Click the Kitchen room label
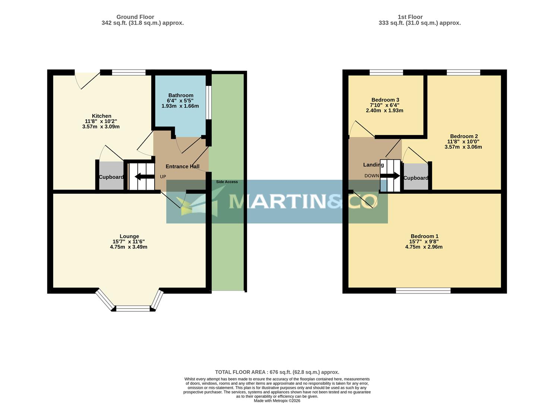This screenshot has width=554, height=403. coord(101,116)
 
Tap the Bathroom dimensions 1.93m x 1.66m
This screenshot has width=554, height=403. coord(180,106)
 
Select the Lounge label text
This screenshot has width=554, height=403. coord(129,236)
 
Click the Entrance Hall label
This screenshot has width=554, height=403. coord(182,166)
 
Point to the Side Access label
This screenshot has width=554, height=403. coord(227,182)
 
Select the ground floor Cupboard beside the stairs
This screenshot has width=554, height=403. coord(111,177)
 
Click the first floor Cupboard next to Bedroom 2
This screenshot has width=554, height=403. coord(416,178)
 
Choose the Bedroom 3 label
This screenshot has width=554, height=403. coord(385,100)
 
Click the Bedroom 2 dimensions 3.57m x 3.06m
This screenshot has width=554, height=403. coord(463,147)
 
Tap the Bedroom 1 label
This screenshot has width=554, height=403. coord(424,236)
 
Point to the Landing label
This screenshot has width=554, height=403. coord(373,165)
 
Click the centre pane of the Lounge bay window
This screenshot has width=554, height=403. coord(133,308)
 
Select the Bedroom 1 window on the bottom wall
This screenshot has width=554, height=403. coord(423,291)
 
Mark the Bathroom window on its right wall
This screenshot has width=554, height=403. coord(209,103)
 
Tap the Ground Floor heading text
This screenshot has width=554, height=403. coord(135,17)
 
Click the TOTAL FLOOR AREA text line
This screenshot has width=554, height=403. coord(277,372)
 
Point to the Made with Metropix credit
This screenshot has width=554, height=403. coord(277,401)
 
